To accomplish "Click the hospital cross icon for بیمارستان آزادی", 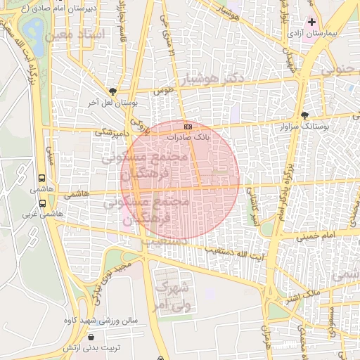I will (312, 22).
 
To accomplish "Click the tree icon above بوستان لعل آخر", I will (113, 91).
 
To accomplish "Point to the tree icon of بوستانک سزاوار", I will (304, 115).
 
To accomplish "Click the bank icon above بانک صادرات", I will (187, 127).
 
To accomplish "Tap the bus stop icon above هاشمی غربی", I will (43, 203).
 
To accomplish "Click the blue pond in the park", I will (32, 29).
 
